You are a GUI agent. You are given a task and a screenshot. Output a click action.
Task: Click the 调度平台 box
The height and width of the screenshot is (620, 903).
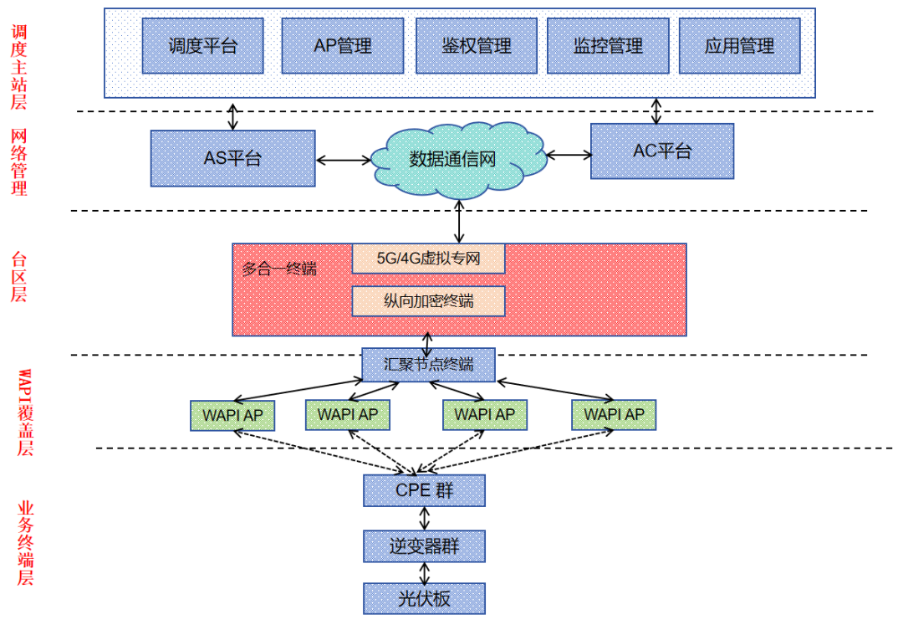click(202, 46)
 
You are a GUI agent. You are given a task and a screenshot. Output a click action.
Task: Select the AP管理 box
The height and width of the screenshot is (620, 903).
click(342, 46)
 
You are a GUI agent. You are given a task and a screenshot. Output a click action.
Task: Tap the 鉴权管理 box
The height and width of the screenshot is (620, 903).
click(476, 46)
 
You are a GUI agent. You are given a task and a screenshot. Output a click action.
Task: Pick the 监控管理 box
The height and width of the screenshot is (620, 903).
click(608, 46)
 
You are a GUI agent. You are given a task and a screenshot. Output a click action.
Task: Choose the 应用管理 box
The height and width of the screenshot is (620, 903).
click(739, 46)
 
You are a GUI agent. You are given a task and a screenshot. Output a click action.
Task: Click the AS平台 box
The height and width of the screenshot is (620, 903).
click(232, 158)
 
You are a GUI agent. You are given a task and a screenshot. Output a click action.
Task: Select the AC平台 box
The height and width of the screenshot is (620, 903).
click(661, 151)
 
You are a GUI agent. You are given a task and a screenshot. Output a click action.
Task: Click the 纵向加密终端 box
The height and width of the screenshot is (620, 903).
click(428, 301)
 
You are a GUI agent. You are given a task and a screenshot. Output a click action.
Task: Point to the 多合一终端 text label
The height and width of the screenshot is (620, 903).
click(279, 269)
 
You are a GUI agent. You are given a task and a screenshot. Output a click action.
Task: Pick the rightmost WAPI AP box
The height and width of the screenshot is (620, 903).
click(614, 414)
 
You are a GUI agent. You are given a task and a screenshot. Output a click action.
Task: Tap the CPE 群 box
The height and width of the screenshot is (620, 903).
click(424, 490)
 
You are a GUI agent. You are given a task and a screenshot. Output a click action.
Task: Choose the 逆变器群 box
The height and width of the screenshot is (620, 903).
click(424, 547)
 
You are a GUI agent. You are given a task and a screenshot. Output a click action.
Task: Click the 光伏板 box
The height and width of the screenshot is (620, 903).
click(424, 599)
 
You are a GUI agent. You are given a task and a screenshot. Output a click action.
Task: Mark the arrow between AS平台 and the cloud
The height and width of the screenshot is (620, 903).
click(344, 159)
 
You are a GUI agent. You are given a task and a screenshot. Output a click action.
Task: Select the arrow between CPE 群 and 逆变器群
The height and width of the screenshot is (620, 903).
click(425, 519)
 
